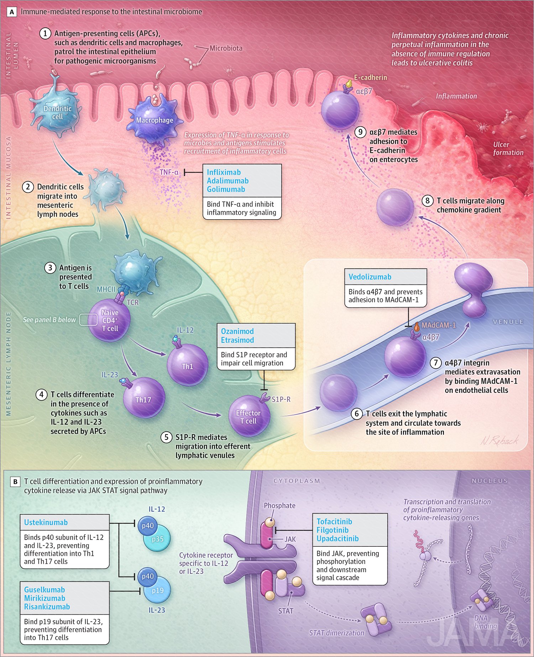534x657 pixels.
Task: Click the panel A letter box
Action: [12, 12]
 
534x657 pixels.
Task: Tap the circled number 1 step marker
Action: [45, 33]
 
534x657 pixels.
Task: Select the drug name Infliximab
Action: [224, 172]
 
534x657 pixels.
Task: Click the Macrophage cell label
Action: [155, 120]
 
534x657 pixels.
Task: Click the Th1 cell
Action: [188, 365]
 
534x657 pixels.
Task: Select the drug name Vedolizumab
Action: [370, 277]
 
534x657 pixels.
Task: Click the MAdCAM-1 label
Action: [438, 325]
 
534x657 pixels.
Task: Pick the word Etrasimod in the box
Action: [237, 340]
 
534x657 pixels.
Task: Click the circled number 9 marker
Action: [360, 132]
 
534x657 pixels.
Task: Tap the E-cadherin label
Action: [370, 78]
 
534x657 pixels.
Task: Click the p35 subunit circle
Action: [158, 539]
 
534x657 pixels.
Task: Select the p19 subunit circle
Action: [158, 591]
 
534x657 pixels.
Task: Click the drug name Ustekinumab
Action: [46, 522]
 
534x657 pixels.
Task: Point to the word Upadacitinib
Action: [337, 539]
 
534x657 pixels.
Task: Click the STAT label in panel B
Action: [286, 611]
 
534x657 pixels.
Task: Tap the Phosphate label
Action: [279, 506]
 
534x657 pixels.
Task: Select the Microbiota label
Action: [226, 48]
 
